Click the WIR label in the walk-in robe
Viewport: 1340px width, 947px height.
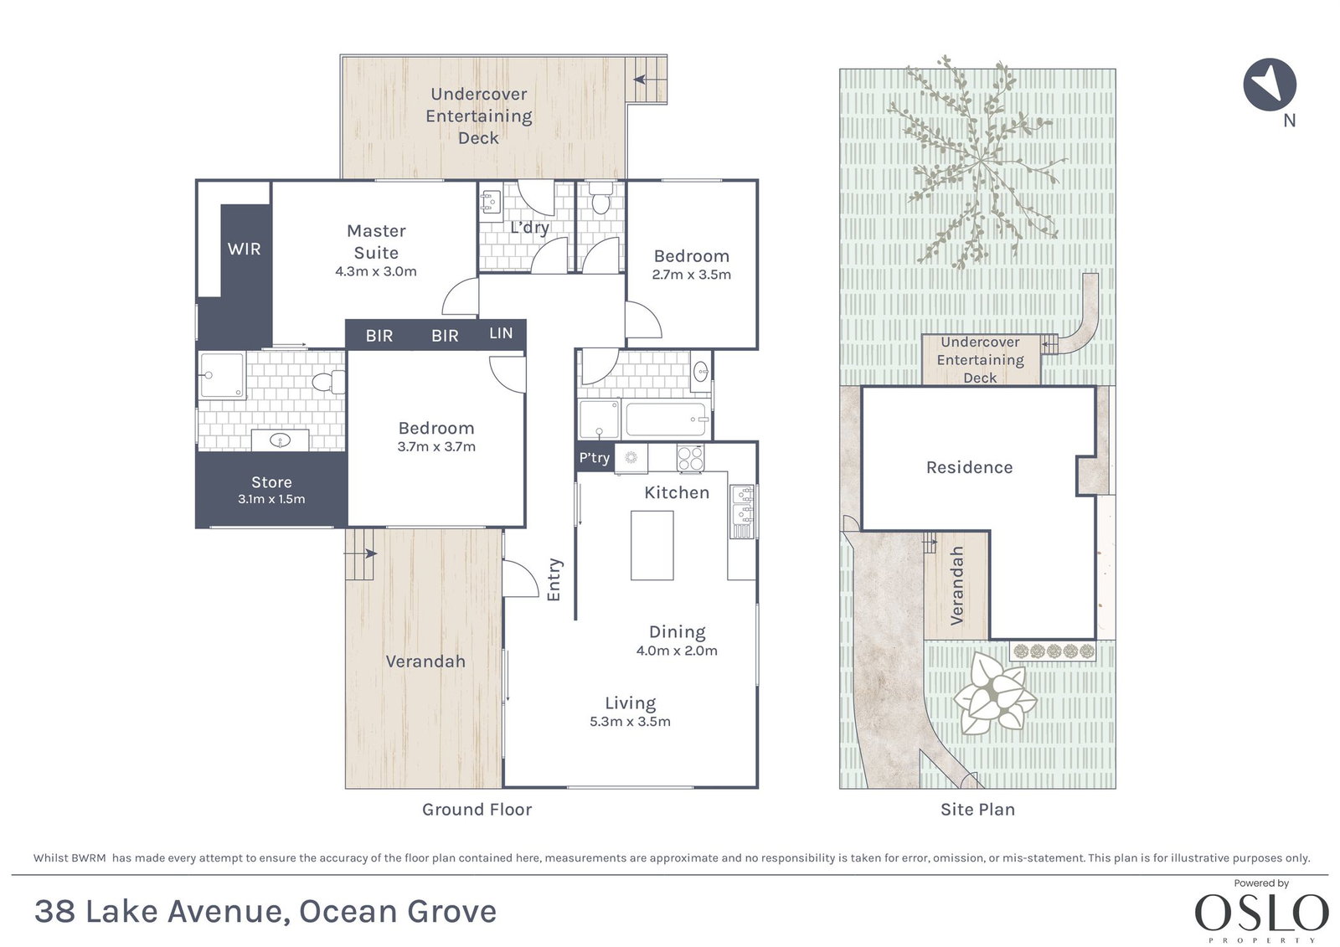coord(244,249)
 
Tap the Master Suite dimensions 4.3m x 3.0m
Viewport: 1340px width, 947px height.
coord(376,271)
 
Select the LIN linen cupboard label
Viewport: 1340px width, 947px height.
coord(501,333)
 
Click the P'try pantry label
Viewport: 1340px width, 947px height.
coord(594,458)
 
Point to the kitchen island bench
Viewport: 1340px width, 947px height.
coord(652,545)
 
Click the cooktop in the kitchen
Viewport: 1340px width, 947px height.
coord(690,458)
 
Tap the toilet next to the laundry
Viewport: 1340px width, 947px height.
coord(600,198)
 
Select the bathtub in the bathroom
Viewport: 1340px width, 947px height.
coord(666,419)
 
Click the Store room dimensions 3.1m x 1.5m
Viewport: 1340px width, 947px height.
coord(271,499)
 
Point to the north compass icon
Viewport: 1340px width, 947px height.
coord(1270,85)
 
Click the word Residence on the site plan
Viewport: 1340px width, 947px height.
coord(969,467)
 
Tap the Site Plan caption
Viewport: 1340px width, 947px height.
coord(977,810)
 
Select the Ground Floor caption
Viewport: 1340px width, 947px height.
coord(477,810)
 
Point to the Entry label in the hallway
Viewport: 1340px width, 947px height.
coord(554,579)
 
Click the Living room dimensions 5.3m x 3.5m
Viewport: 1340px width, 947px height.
coord(630,722)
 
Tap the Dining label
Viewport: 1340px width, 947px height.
coord(678,631)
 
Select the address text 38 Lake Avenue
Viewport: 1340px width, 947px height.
coord(158,912)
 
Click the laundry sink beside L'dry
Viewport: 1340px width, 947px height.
coord(491,202)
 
